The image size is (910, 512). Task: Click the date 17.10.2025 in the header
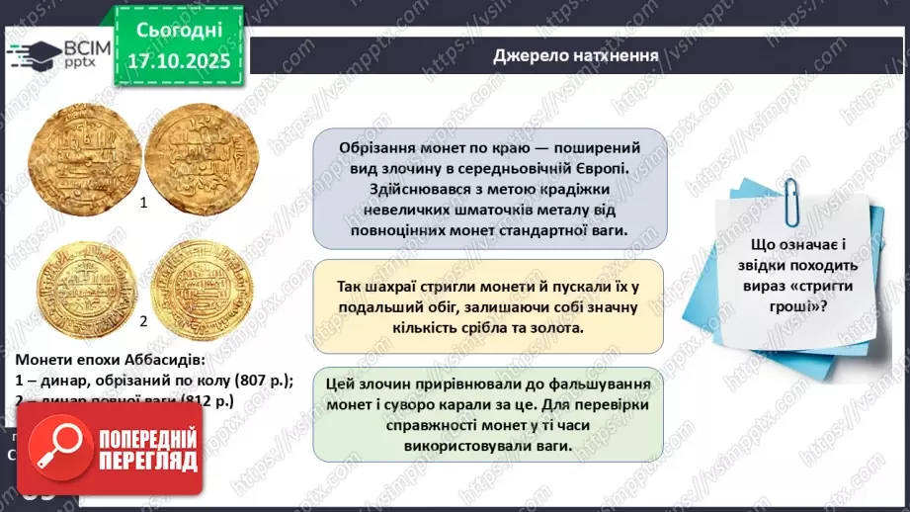(179, 62)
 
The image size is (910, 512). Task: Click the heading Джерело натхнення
(576, 55)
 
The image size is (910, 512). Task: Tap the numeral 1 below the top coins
(144, 203)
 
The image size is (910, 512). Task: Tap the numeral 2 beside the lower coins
(144, 320)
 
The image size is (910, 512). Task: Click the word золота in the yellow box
(557, 327)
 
